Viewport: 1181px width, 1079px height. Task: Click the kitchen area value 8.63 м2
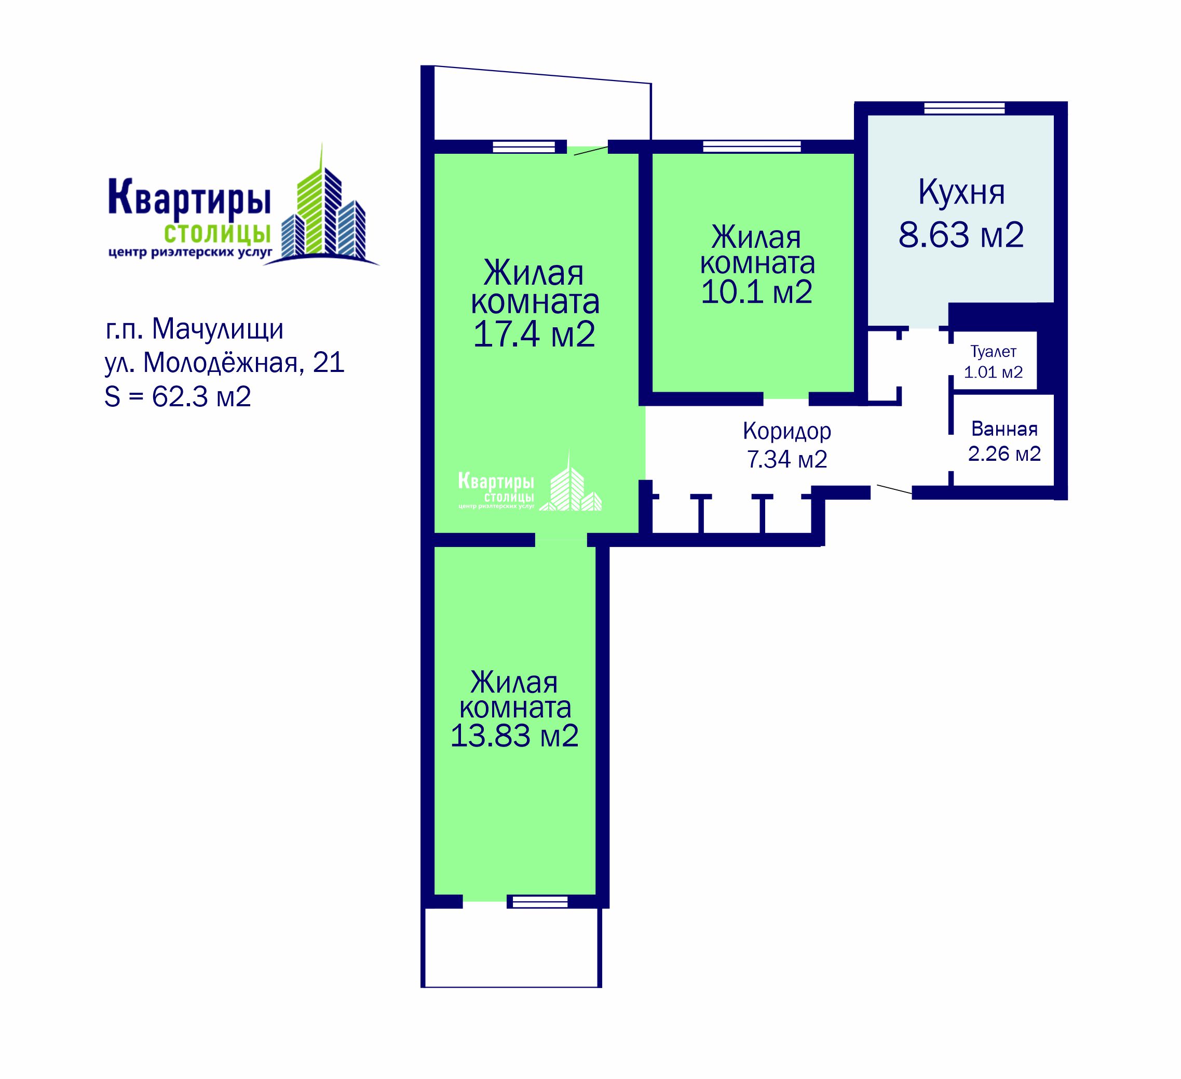point(961,235)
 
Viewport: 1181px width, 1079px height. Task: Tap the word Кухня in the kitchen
point(961,192)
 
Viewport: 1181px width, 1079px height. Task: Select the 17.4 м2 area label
point(534,335)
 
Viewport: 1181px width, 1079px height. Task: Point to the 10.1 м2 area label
point(756,291)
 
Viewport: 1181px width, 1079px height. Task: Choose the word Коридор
point(787,432)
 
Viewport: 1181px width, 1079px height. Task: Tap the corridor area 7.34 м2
point(787,459)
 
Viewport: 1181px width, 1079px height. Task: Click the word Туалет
point(993,352)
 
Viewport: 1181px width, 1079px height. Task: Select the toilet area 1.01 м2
point(993,372)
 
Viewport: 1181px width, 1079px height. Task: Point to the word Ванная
point(1004,429)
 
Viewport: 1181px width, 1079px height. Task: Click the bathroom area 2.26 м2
point(1004,454)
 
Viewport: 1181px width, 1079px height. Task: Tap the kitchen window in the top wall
point(964,109)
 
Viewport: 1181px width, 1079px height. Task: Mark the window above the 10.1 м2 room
point(752,146)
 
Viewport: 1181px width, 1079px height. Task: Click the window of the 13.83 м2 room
point(537,901)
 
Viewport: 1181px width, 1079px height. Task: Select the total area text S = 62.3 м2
point(178,397)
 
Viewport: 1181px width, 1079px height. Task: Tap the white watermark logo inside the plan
point(530,483)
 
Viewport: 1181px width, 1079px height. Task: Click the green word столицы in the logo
point(218,234)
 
